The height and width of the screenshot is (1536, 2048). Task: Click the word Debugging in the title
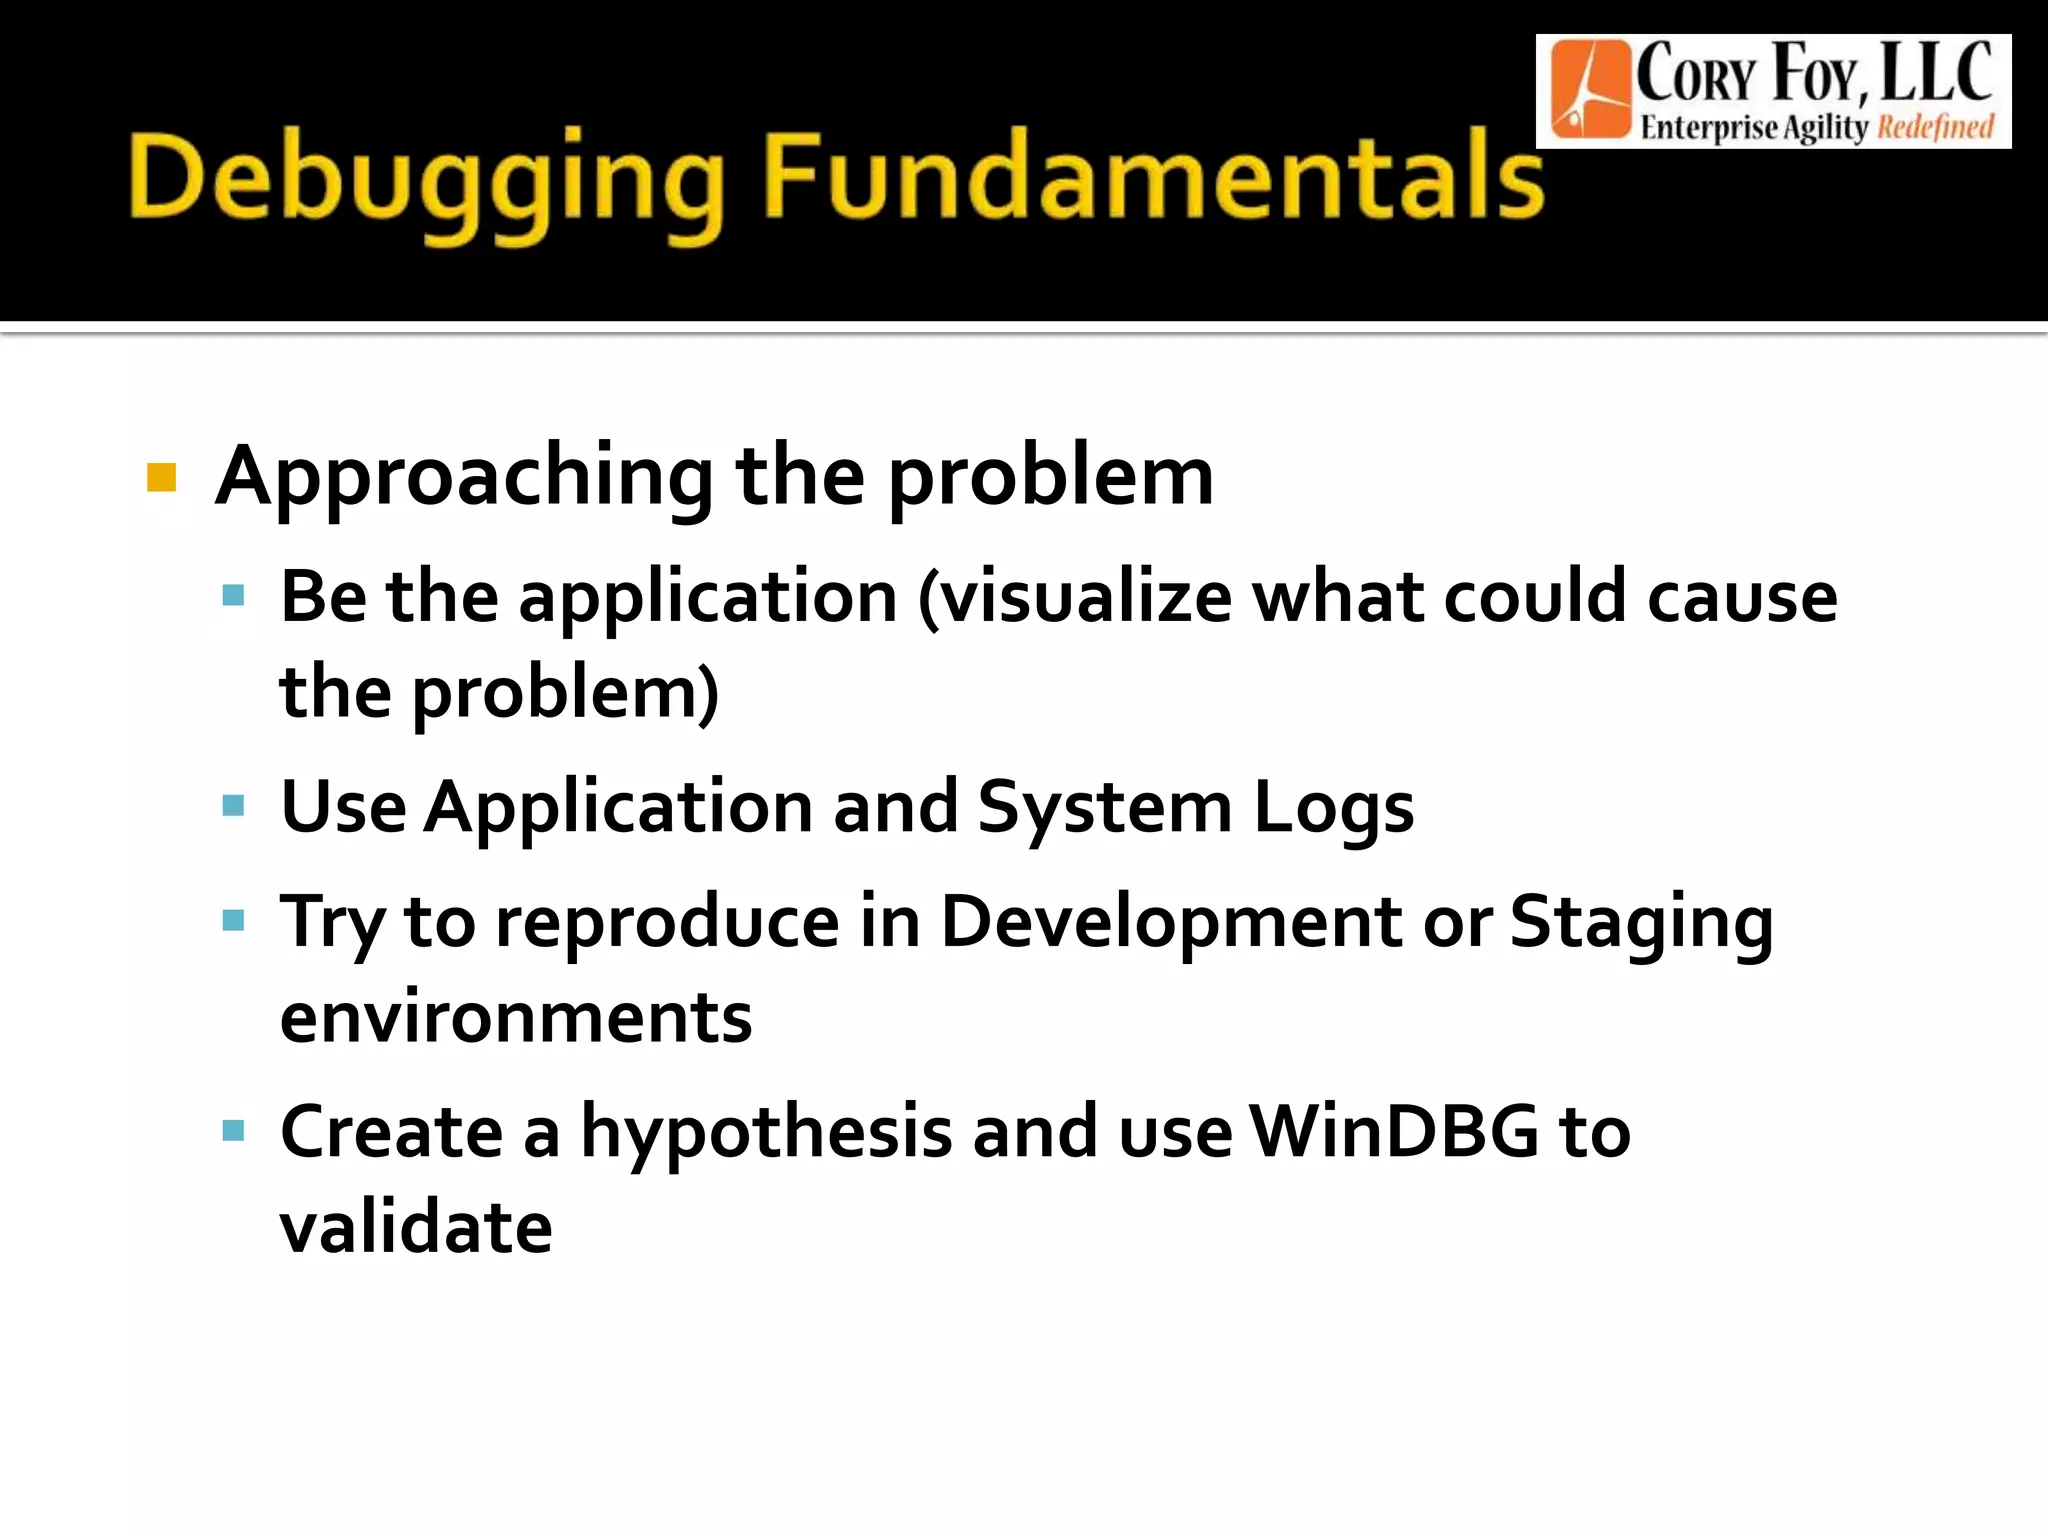pos(425,180)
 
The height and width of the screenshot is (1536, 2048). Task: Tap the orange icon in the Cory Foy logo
pos(1589,90)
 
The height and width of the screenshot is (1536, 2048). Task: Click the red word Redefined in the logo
pos(1935,128)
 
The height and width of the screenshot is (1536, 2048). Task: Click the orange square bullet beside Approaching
pos(161,478)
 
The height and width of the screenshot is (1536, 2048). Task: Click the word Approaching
pos(464,478)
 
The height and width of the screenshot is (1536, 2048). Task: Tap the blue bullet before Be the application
pos(233,597)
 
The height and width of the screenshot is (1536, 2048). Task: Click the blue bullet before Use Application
pos(233,806)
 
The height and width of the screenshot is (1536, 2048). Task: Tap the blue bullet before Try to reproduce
pos(233,920)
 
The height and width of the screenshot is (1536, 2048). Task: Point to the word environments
pos(516,1018)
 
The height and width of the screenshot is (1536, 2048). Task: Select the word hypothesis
pos(767,1133)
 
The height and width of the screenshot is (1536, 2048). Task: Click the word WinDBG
pos(1394,1131)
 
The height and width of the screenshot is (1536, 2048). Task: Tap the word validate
pos(416,1227)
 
